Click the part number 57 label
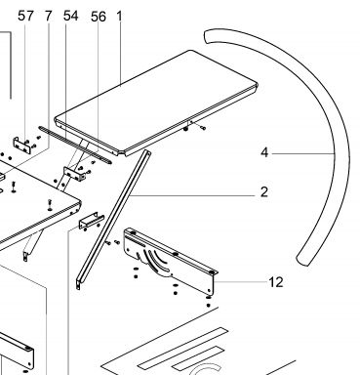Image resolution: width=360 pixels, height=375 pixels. [25, 16]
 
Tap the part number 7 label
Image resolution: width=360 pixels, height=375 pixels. [48, 16]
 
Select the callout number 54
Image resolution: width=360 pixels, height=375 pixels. [70, 16]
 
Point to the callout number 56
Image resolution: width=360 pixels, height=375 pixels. [99, 17]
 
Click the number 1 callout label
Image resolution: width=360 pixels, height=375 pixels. [119, 16]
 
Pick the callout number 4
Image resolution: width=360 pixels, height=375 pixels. [264, 152]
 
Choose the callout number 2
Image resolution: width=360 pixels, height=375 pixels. [264, 192]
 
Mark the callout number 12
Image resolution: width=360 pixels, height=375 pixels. [276, 282]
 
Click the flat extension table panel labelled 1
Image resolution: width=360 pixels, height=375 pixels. [156, 101]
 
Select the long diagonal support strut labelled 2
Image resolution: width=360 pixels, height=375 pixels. [114, 219]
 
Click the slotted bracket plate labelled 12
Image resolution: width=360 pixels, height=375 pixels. [171, 261]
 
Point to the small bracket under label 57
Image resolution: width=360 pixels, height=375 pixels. [22, 146]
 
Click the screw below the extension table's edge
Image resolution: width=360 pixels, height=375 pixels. [202, 128]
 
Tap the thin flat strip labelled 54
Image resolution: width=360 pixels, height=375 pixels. [75, 145]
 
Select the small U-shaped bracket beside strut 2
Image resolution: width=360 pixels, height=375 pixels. [91, 222]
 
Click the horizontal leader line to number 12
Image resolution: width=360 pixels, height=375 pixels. [240, 282]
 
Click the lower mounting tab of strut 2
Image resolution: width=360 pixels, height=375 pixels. [78, 284]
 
